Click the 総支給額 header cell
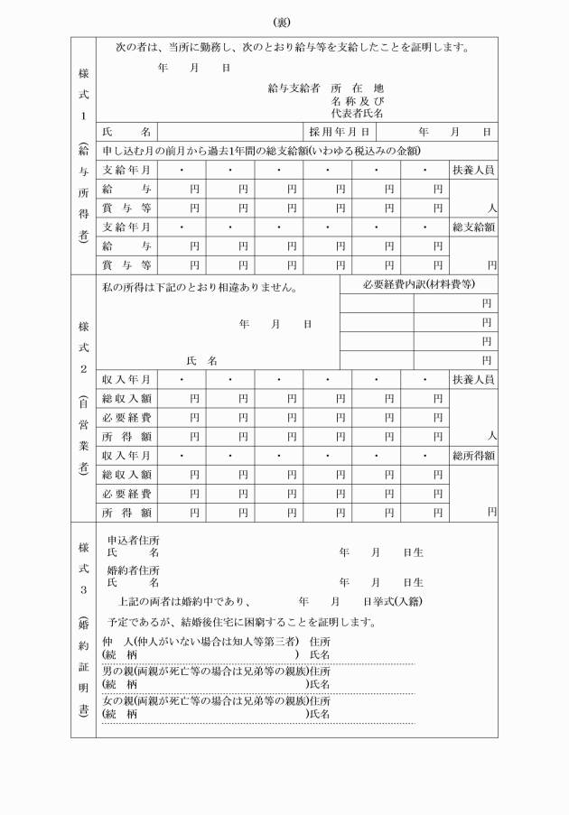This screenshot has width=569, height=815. click(x=473, y=227)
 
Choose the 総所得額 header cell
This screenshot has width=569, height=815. click(x=473, y=456)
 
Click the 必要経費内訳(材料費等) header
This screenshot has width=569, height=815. click(x=419, y=286)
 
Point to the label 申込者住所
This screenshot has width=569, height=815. click(x=134, y=540)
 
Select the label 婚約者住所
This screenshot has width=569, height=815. click(x=134, y=570)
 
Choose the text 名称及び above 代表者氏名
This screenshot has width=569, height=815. click(x=358, y=101)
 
